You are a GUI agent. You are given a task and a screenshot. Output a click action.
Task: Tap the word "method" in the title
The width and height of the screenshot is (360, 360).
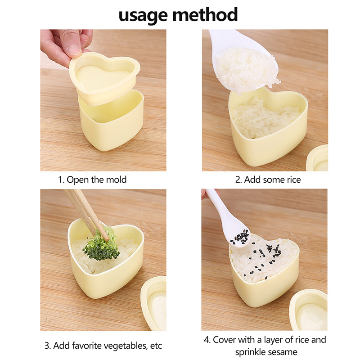(205, 14)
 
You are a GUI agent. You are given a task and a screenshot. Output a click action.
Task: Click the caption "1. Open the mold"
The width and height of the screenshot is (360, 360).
(92, 180)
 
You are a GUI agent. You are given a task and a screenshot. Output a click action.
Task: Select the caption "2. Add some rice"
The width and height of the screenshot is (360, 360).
(268, 180)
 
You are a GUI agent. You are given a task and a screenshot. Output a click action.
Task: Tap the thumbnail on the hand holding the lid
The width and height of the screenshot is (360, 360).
(73, 49)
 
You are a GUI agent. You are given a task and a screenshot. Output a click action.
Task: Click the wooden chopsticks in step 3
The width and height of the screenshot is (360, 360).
(86, 213)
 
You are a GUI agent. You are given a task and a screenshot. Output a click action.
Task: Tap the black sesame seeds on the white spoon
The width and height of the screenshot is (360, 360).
(240, 238)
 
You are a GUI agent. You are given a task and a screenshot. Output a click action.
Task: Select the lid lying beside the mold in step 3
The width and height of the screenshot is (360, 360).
(154, 303)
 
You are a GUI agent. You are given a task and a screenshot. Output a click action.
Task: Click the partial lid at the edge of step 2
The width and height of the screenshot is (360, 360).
(318, 158)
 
